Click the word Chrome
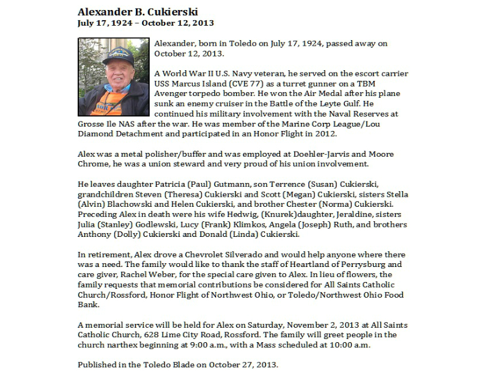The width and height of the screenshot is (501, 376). pyautogui.click(x=94, y=164)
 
